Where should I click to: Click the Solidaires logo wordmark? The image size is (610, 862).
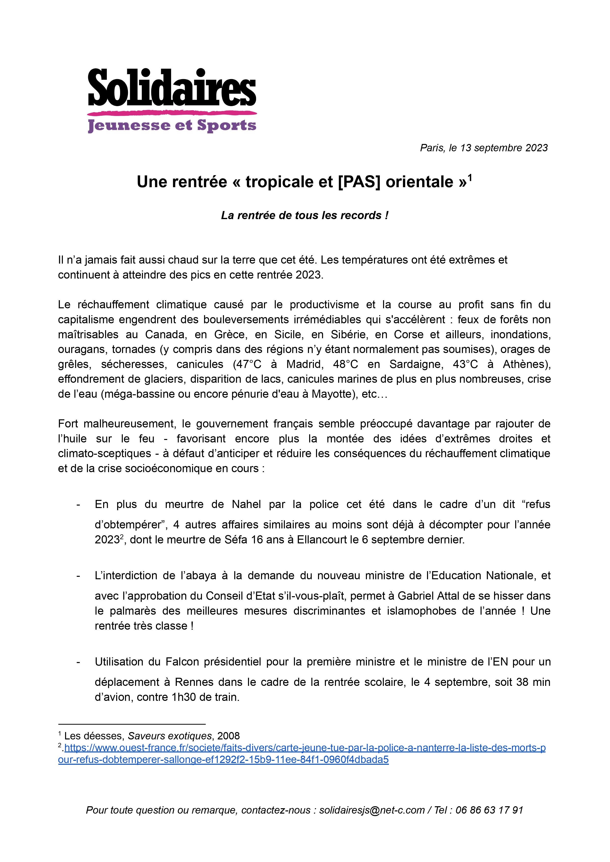(x=172, y=87)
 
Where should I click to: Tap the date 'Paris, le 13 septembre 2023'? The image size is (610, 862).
(x=484, y=148)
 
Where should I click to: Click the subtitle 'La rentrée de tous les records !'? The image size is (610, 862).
(x=305, y=215)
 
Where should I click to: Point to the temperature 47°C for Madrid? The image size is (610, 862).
(x=247, y=364)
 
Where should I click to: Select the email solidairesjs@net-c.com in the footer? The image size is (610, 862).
(x=372, y=810)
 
